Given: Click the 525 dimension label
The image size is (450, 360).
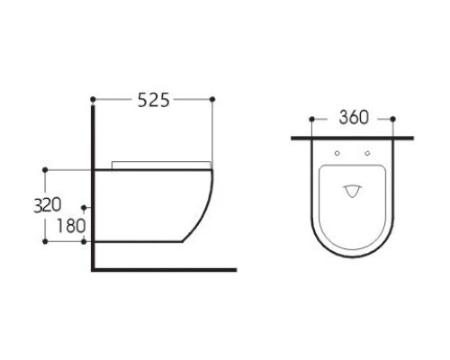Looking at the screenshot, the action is (x=154, y=100).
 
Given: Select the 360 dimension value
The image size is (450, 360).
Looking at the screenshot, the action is (x=354, y=117).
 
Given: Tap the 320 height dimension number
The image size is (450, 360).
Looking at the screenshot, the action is (x=48, y=205).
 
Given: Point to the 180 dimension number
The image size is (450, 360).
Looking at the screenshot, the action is (x=71, y=226).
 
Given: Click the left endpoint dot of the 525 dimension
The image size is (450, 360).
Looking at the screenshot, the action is (x=93, y=99).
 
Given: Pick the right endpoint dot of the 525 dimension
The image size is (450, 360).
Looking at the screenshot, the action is (x=212, y=99).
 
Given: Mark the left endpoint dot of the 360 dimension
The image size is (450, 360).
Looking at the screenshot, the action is (x=311, y=120).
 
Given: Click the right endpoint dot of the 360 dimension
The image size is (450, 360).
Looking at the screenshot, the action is (x=393, y=120).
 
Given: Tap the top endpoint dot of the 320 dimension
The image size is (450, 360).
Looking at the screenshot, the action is (x=45, y=170).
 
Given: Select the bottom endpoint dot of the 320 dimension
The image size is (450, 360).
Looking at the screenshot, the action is (x=45, y=241).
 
